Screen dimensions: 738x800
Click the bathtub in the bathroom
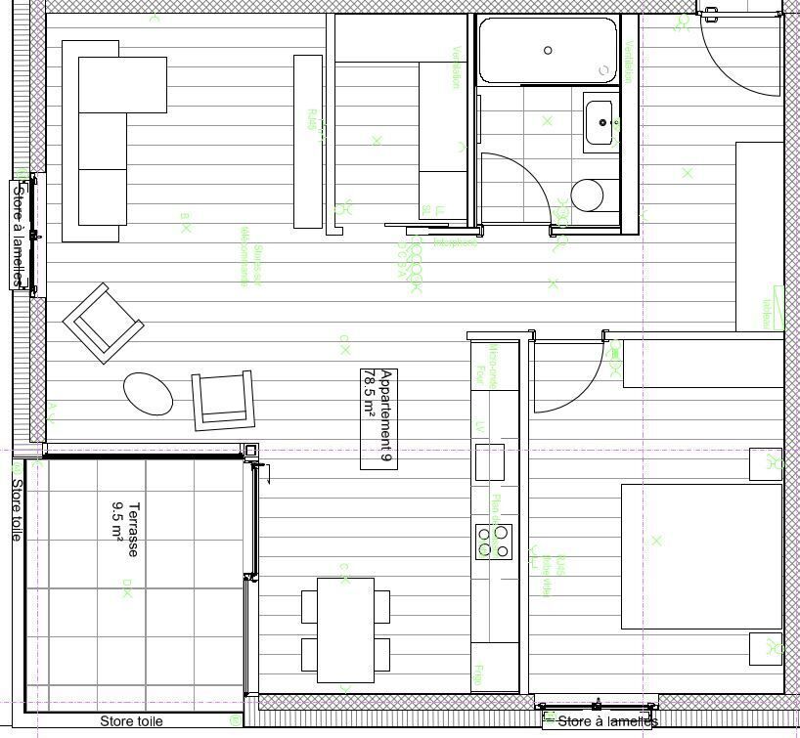pos(548,50)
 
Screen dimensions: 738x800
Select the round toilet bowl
pos(588,195)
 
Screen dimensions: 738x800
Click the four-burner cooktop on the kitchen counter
pos(494,542)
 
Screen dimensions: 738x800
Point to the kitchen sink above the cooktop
pos(489,461)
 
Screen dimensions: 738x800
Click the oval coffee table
pos(148,393)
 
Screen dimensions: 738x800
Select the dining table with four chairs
pos(345,629)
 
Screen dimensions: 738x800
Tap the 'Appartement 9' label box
pos(378,418)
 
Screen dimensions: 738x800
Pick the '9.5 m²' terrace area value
pos(117,523)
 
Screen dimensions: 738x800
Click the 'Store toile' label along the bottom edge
pos(131,721)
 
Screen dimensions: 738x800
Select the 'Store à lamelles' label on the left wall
pos(18,235)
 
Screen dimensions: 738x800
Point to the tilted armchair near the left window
pos(103,322)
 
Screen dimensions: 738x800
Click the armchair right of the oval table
pos(223,400)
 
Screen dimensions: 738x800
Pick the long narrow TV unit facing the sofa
pos(308,142)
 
